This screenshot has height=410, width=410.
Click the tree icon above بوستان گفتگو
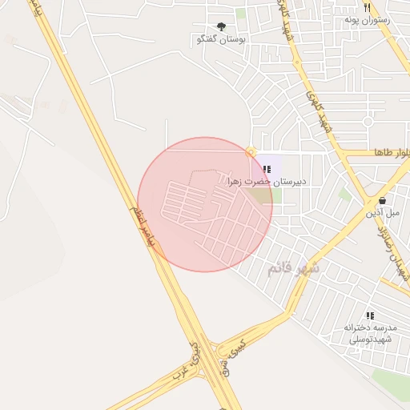[x=222, y=26]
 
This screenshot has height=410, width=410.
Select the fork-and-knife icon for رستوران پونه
[x=367, y=6]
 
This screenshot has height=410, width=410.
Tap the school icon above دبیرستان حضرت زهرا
[x=267, y=169]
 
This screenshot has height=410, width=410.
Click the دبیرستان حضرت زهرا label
[x=267, y=182]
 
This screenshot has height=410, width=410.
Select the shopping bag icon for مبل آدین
[x=382, y=200]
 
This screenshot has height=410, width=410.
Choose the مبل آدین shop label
[x=383, y=213]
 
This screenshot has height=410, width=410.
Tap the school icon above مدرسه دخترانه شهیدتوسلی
[x=370, y=316]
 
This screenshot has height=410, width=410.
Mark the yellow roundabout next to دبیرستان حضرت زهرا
[x=251, y=151]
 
